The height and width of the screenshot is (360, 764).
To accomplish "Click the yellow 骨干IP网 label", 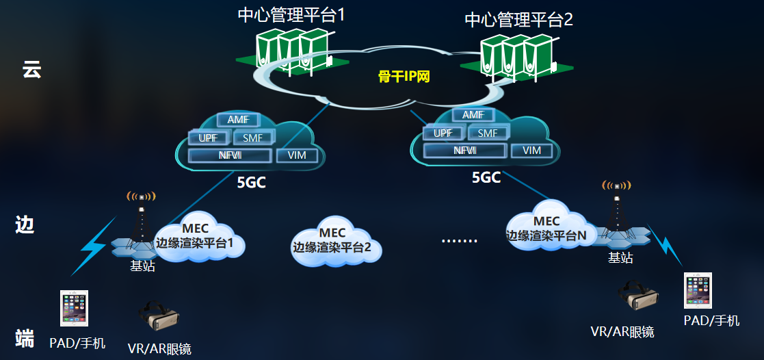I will [x=404, y=77].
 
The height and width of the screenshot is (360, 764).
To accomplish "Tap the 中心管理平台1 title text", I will [x=291, y=14].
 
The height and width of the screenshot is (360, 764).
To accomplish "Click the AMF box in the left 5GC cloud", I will [x=237, y=120].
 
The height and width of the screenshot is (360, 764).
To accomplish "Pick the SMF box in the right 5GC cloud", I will [x=488, y=133].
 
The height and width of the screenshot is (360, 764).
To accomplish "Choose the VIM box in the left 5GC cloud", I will [x=297, y=155].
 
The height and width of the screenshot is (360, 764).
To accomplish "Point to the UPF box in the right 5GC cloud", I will [x=443, y=133].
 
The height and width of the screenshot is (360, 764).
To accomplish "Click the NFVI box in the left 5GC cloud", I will [x=230, y=155].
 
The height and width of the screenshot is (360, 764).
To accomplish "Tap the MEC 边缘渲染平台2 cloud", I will [x=332, y=241].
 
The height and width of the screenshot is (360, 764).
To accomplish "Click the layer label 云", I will [x=31, y=69].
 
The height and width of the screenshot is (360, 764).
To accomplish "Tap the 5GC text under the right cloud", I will [x=486, y=178].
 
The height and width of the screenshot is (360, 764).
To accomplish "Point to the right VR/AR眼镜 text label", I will [x=622, y=332].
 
